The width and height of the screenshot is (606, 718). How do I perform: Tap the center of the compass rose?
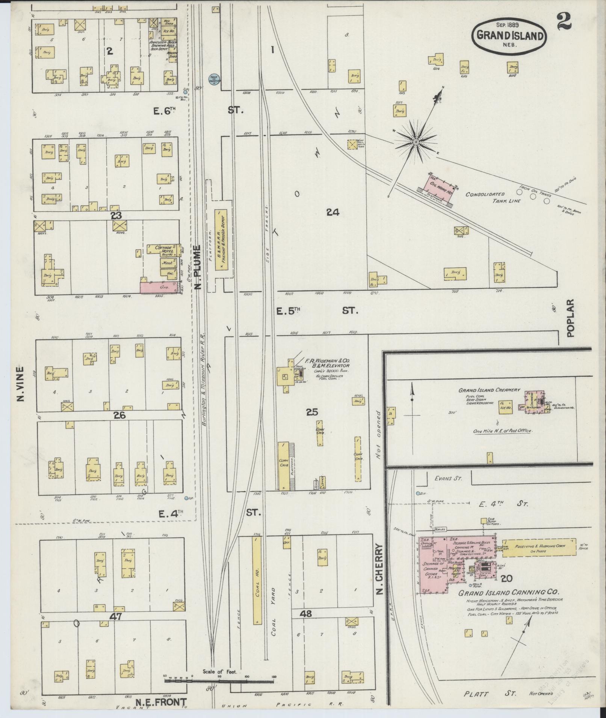coord(416,142)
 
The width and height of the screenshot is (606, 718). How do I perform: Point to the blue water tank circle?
coord(214,79)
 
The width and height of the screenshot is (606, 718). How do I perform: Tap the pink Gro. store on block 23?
coord(159,288)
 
